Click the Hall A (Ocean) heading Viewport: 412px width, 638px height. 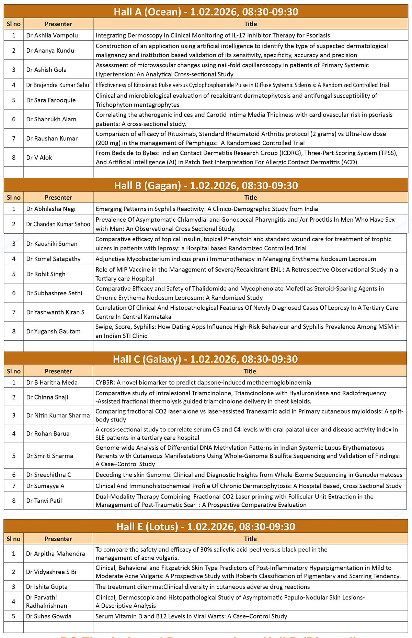(206, 12)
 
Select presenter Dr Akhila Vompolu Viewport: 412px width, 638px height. (52, 35)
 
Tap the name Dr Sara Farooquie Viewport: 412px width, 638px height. (51, 100)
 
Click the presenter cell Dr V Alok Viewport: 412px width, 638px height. (39, 157)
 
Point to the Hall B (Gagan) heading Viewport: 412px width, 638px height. (206, 186)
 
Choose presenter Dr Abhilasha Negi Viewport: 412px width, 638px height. (51, 209)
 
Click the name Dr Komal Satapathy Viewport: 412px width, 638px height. (53, 259)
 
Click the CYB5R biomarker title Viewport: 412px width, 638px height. (203, 382)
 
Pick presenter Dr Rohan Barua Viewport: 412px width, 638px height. (48, 433)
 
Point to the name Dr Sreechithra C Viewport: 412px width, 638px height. (48, 475)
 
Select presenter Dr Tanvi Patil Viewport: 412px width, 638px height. (44, 500)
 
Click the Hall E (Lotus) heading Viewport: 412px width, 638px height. (206, 527)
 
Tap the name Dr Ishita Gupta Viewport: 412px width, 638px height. (47, 586)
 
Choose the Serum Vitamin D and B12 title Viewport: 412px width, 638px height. (191, 616)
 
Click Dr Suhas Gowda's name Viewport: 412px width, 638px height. (49, 616)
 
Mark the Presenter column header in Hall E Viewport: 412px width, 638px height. (58, 539)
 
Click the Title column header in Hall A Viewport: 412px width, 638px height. (250, 24)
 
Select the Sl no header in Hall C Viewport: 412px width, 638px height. (14, 371)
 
